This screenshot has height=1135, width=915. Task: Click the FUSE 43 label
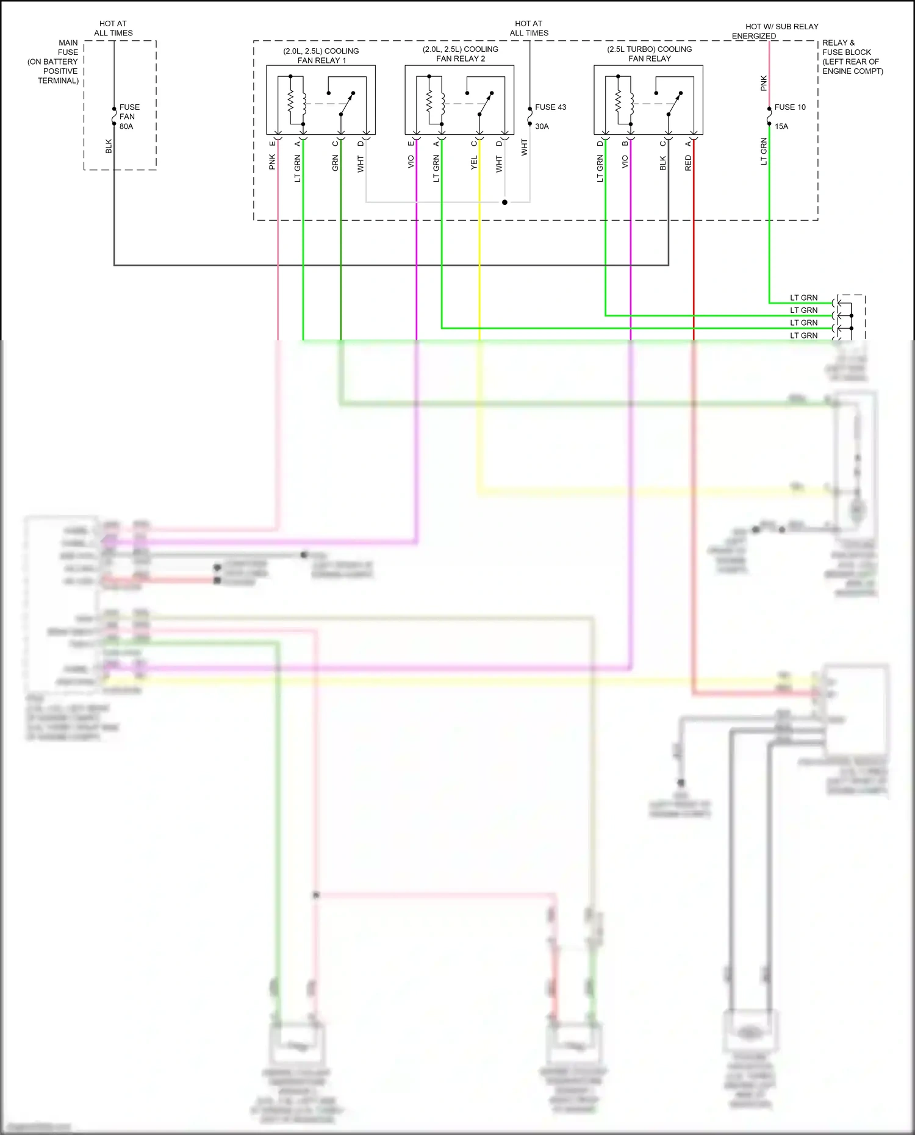point(550,107)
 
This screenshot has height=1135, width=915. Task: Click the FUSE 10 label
point(790,107)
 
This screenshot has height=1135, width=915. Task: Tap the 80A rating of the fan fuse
point(126,127)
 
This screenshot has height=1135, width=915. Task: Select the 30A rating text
point(542,127)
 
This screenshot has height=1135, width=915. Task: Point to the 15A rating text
point(781,127)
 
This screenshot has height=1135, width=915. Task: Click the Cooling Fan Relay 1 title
point(321,55)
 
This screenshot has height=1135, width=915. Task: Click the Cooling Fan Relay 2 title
point(461,54)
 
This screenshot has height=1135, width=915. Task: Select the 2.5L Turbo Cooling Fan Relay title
point(649,54)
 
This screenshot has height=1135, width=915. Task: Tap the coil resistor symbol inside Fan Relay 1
point(291,101)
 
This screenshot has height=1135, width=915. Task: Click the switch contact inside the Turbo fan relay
point(673,104)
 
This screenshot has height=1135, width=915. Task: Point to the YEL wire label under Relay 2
point(474,163)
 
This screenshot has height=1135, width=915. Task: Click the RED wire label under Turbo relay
point(688,163)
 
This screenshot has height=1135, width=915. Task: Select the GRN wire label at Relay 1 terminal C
point(335,163)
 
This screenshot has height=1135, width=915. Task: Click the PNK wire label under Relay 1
point(272,162)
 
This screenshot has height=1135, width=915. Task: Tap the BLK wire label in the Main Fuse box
point(109,146)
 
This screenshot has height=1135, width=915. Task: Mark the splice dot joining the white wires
point(504,202)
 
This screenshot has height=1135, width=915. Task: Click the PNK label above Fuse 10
point(764,84)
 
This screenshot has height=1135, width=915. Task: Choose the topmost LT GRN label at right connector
point(803,298)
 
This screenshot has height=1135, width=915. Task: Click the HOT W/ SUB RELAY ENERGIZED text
point(775,31)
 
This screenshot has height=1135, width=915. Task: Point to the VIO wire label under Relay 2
point(411,162)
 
